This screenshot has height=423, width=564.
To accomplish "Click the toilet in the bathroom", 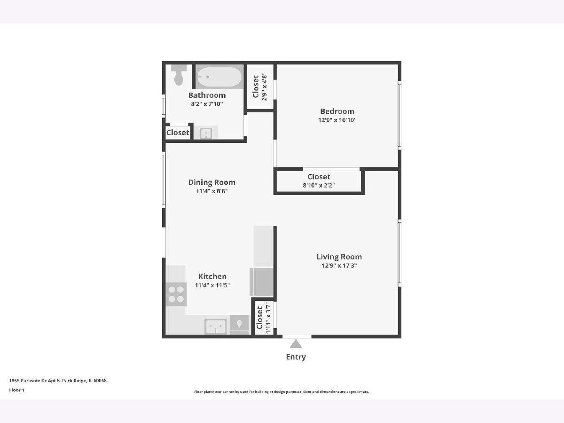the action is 179,75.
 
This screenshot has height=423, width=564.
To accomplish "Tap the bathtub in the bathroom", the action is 219,77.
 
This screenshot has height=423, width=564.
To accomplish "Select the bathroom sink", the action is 206,133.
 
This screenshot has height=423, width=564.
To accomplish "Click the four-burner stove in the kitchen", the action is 176,294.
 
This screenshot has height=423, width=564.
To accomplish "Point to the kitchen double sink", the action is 216,327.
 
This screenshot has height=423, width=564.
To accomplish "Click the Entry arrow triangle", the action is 296,344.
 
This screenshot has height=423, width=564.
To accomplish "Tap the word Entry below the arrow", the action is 296,357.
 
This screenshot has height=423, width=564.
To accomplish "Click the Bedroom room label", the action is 337,111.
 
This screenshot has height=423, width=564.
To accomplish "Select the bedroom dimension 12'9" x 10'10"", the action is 337,120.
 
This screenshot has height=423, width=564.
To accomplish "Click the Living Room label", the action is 339,257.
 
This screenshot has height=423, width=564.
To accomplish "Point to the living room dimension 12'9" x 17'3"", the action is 339,265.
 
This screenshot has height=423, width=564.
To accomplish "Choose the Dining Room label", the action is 211,182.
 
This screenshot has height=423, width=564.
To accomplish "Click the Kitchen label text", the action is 212,276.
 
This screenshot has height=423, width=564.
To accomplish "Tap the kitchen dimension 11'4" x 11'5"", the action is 212,285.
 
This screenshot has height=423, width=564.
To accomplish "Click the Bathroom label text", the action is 207,95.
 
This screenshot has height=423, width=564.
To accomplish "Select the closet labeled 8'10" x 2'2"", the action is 319,181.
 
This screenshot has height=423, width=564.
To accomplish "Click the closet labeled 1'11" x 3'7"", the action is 264,318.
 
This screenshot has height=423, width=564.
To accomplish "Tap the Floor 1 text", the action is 17,390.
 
